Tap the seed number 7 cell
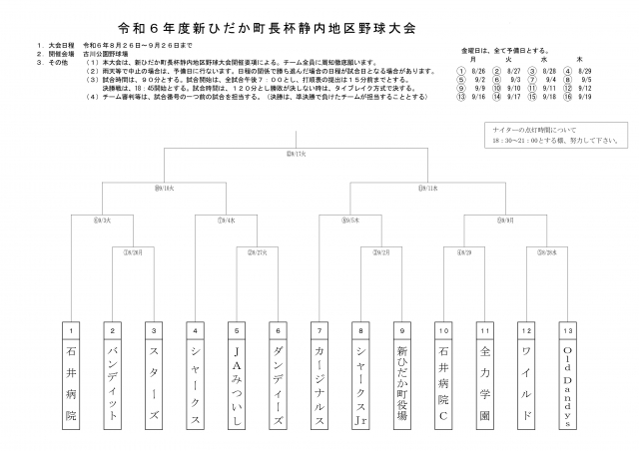pos(319,328)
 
